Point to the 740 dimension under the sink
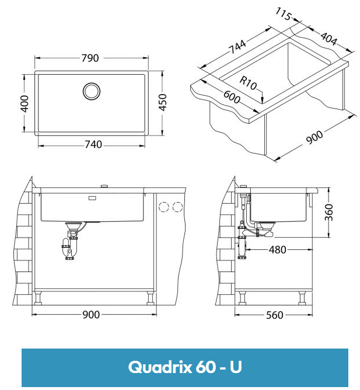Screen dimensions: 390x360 click(x=90, y=144)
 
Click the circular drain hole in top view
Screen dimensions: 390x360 click(x=91, y=90)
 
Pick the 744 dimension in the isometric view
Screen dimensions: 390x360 click(x=237, y=46)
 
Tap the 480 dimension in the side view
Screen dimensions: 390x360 click(x=277, y=250)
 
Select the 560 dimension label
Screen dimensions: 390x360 click(x=274, y=315)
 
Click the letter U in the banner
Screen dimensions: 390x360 click(x=236, y=367)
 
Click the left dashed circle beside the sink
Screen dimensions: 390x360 click(x=163, y=207)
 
